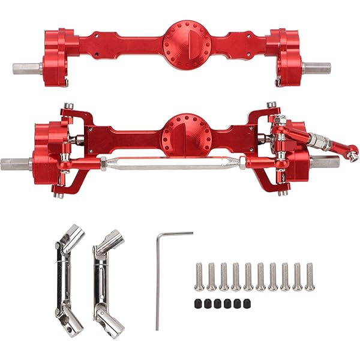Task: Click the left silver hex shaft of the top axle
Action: coord(26,67)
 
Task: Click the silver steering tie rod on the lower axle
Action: coord(174,161)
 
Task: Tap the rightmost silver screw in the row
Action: coord(309,276)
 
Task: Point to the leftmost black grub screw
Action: coord(198,303)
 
